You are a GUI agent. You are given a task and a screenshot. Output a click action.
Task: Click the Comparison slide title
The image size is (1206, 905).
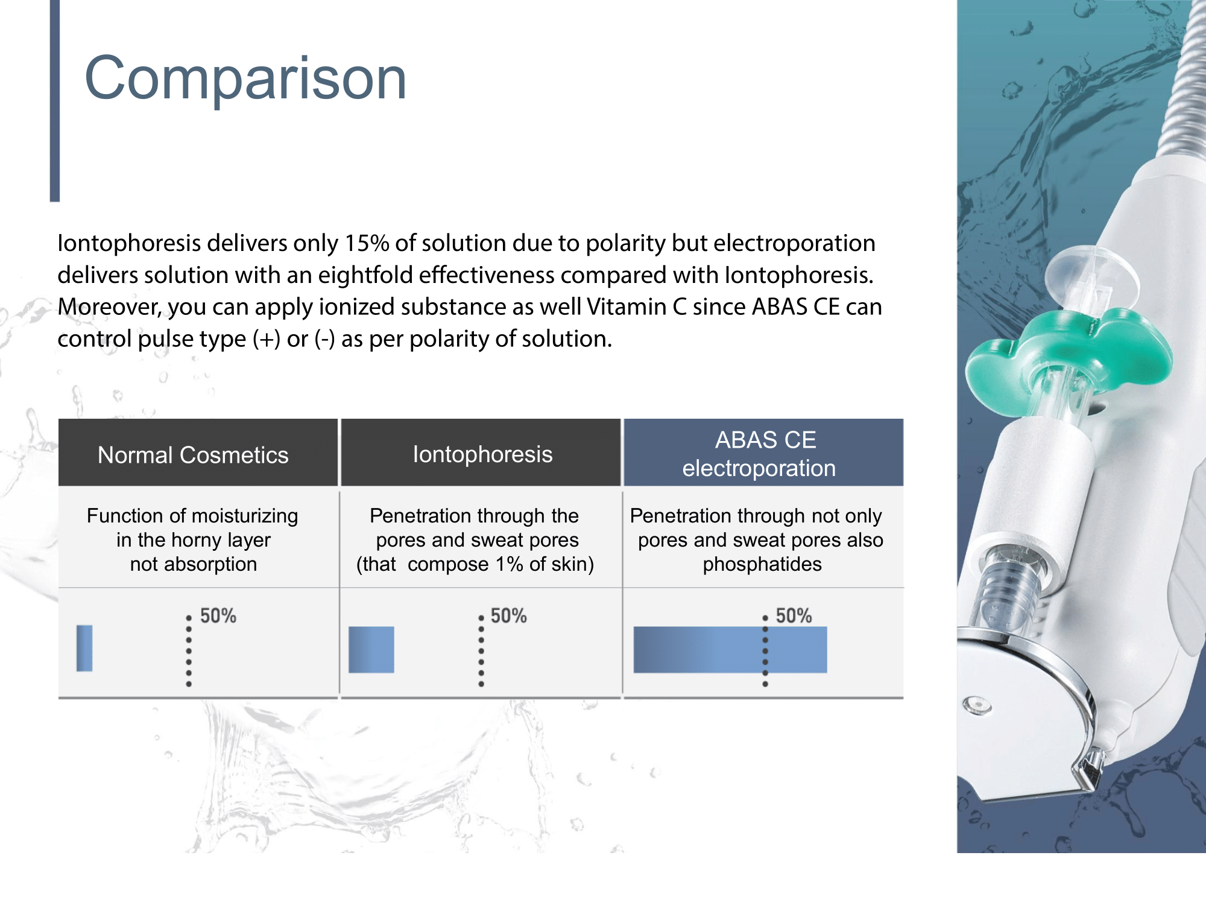tap(245, 79)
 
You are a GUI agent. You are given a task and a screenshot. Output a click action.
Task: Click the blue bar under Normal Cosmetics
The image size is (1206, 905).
tap(84, 648)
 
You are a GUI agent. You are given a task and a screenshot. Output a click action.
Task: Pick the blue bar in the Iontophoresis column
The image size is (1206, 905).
tap(371, 649)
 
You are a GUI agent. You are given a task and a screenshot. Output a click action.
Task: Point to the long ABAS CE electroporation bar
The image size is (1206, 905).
tap(730, 649)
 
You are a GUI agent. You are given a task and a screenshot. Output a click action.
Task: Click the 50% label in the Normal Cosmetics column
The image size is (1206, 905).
tap(218, 616)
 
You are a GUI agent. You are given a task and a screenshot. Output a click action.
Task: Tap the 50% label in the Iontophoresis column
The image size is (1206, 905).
tap(508, 616)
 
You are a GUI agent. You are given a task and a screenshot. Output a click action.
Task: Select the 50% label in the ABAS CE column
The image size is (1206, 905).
tap(794, 616)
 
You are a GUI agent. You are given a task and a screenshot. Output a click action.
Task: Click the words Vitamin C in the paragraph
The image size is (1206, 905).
tap(637, 307)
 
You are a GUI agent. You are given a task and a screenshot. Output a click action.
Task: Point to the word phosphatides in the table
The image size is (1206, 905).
tap(762, 564)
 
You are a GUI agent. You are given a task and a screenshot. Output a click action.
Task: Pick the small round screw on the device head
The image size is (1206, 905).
tap(977, 705)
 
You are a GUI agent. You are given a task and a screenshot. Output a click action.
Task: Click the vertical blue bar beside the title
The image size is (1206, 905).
tap(55, 100)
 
